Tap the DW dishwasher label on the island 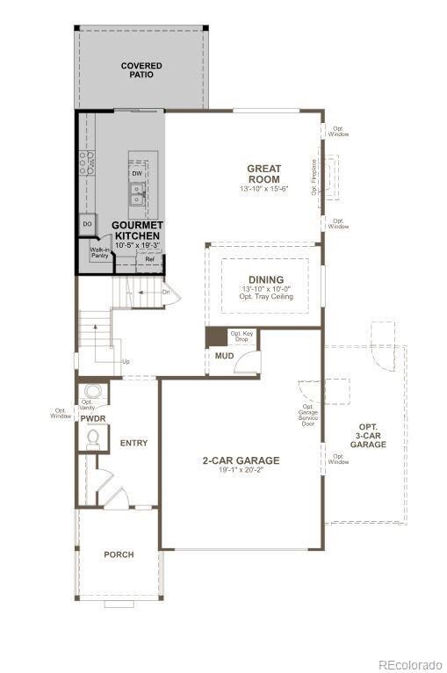(x=137, y=174)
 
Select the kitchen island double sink (x=138, y=194)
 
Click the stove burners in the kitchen (x=87, y=163)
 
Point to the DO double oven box (x=87, y=225)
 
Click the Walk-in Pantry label (x=99, y=253)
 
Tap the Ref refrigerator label (x=149, y=260)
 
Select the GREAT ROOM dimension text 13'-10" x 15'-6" (x=263, y=190)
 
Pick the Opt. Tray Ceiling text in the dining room (x=265, y=297)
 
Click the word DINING (x=265, y=279)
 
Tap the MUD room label (x=224, y=356)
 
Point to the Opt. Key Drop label (x=241, y=336)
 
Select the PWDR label (x=93, y=419)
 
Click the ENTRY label (x=133, y=443)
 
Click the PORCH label (x=119, y=554)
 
